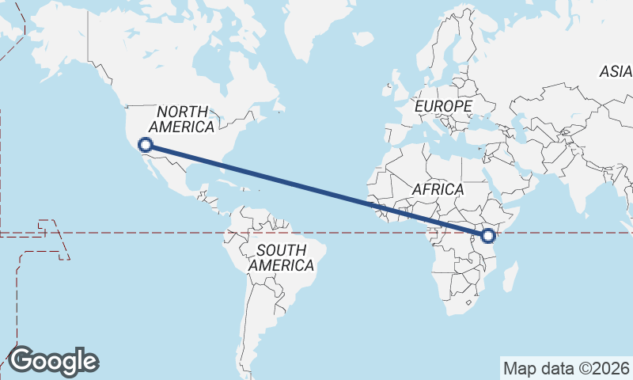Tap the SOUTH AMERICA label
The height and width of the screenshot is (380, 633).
click(281, 258)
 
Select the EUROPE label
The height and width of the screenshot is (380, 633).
click(443, 105)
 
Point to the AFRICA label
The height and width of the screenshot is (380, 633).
click(438, 189)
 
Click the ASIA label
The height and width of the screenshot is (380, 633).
click(615, 71)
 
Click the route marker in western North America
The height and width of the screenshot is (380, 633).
click(145, 144)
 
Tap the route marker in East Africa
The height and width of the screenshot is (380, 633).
click(487, 235)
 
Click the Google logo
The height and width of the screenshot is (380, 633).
click(53, 361)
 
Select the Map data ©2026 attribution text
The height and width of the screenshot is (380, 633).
click(567, 368)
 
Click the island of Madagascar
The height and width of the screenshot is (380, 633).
click(511, 277)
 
